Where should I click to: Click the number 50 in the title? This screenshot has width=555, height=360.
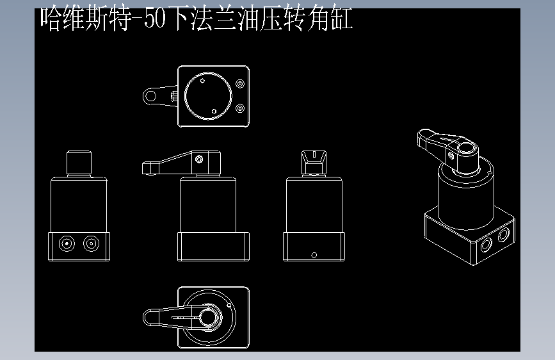(x=155, y=19)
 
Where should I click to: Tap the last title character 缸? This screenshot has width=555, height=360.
(x=342, y=19)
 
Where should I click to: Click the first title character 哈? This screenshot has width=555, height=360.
(x=51, y=19)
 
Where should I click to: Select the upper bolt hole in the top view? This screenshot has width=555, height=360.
(x=240, y=84)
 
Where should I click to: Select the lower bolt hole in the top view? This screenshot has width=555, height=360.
(x=240, y=108)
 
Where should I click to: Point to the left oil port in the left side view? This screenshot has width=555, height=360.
(x=67, y=243)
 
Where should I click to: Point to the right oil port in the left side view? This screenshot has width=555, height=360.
(x=92, y=243)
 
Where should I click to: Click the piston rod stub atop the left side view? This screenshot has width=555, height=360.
(x=79, y=163)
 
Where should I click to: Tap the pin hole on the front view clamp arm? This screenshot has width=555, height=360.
(x=199, y=159)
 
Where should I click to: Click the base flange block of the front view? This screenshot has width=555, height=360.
(x=213, y=247)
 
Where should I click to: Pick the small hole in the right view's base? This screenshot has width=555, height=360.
(x=314, y=255)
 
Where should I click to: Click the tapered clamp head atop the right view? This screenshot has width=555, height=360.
(x=314, y=162)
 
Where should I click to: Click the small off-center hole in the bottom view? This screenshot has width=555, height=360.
(x=229, y=305)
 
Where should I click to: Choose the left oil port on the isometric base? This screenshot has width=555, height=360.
(x=486, y=245)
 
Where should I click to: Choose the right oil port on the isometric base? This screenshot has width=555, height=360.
(x=504, y=235)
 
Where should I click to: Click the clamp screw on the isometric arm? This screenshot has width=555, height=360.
(x=451, y=156)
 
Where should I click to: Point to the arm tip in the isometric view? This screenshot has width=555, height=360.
(x=424, y=137)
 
